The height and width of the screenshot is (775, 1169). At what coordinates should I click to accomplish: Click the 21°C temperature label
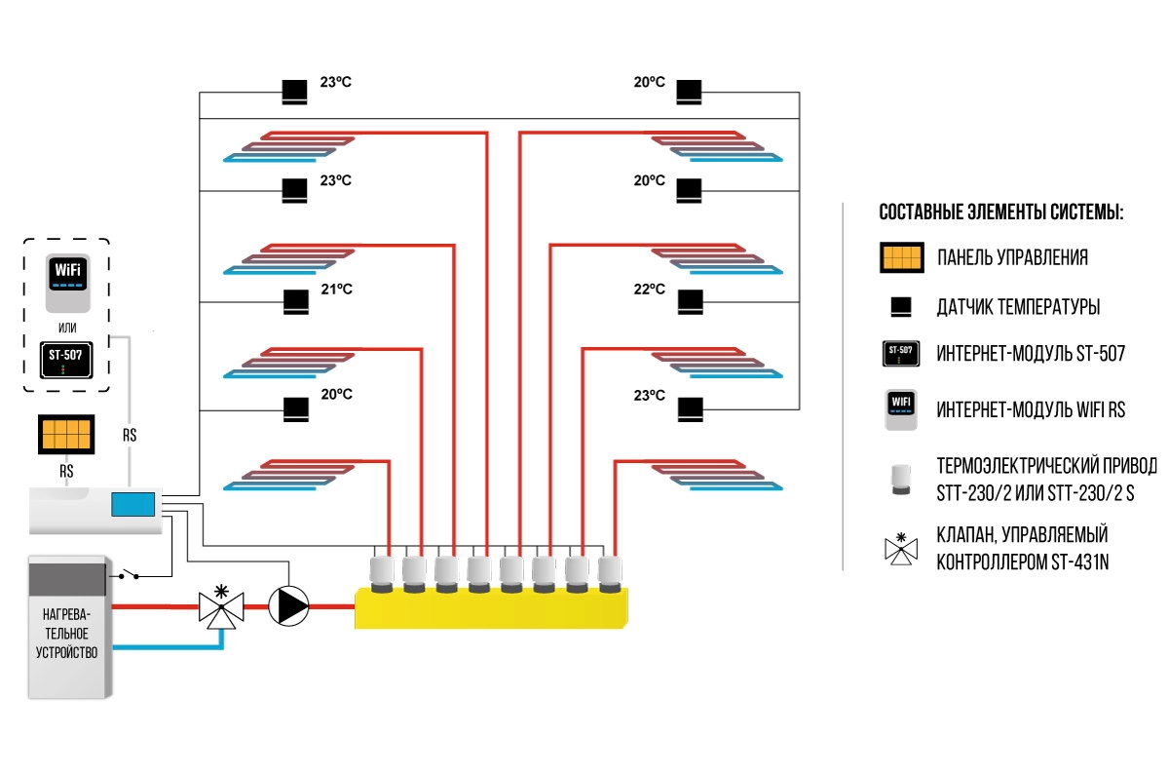(336, 289)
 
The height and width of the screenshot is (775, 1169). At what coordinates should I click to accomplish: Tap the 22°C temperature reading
(649, 290)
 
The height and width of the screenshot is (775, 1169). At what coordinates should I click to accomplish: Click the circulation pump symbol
(287, 605)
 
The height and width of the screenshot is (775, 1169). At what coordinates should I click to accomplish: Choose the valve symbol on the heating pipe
(222, 605)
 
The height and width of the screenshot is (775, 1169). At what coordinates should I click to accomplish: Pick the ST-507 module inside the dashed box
(65, 359)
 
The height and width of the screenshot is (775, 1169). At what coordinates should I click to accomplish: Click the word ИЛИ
(66, 327)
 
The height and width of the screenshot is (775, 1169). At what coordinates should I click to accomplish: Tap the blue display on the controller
(132, 504)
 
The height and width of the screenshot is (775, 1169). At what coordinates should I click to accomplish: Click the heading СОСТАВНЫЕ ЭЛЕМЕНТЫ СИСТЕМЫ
(1001, 212)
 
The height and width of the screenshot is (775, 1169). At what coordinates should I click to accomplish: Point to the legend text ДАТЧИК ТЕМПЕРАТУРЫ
(1018, 307)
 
